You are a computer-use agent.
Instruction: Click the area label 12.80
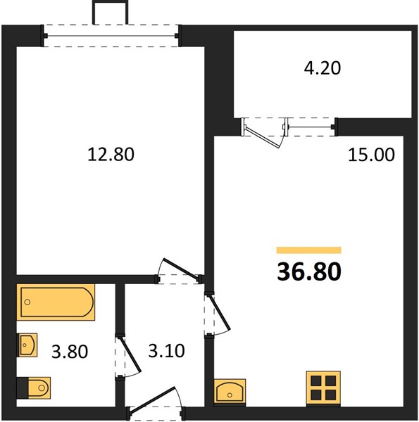point(111,154)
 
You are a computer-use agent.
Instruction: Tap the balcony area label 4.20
point(323,68)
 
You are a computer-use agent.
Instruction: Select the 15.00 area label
point(371,155)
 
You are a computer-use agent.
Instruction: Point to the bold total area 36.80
point(309,271)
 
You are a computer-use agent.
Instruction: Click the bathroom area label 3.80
point(70,352)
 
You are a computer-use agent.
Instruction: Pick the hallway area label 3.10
point(166,351)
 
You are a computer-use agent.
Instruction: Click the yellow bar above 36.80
point(309,250)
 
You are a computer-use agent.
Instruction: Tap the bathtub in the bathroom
point(56,302)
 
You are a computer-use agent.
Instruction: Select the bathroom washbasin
point(27,345)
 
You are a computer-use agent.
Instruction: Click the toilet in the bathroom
point(33,388)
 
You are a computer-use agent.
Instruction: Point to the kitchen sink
point(230,391)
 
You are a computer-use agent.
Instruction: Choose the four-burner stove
point(323,388)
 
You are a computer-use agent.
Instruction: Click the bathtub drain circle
point(27,302)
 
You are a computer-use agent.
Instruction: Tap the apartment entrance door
point(153,399)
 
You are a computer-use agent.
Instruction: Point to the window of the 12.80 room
point(111,36)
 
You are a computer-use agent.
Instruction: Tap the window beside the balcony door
point(311,127)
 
